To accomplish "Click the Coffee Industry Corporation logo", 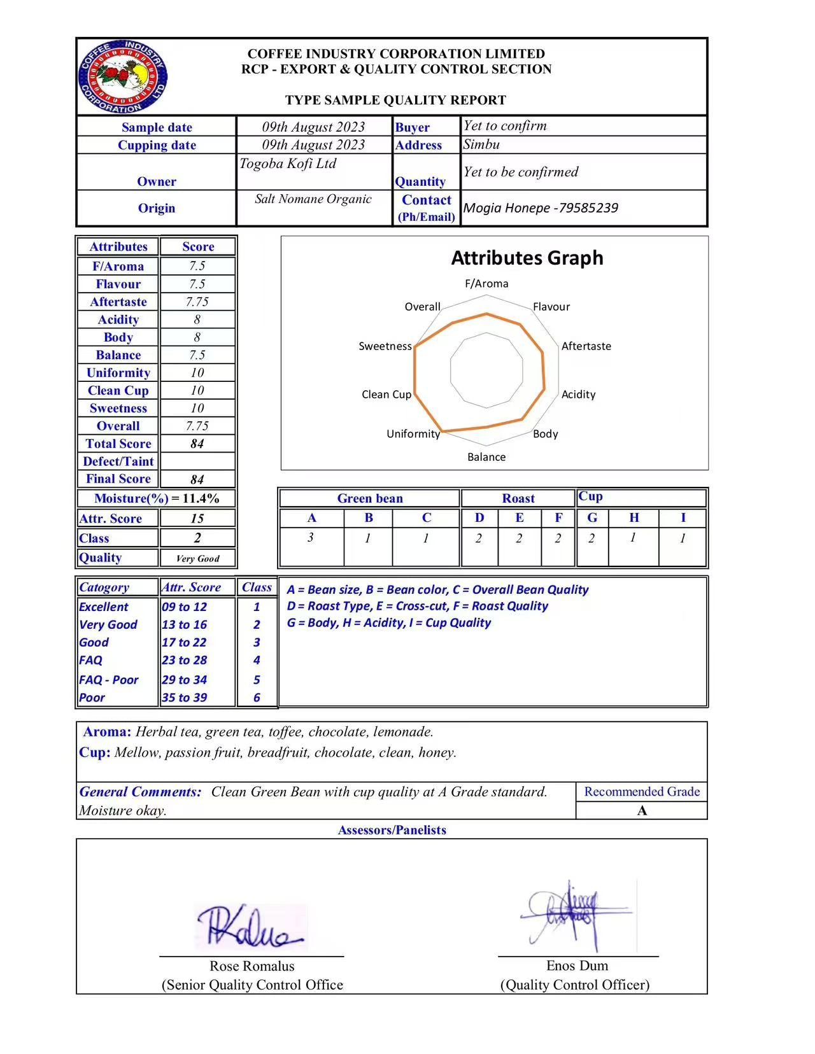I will point(123,77).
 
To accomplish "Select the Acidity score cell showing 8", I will point(197,320).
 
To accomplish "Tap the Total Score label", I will point(118,444).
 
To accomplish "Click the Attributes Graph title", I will point(527,258).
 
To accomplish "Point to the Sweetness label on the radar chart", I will point(385,346).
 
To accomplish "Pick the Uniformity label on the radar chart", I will point(413,434).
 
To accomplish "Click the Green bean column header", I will point(370,498).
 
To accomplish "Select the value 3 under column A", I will point(311,538).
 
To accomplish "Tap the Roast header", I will point(518,498).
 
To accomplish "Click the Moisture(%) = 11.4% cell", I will point(157,498).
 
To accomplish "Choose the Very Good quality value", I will point(197,559).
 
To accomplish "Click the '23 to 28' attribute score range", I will point(184,661).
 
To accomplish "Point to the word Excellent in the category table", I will point(104,607).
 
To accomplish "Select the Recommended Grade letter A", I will point(642,811).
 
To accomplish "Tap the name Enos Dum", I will point(577,966).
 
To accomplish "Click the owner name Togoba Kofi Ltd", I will point(288,164).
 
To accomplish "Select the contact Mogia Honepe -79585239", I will point(541,208).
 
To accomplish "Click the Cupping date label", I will point(157,145).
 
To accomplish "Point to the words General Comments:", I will point(140,792).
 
